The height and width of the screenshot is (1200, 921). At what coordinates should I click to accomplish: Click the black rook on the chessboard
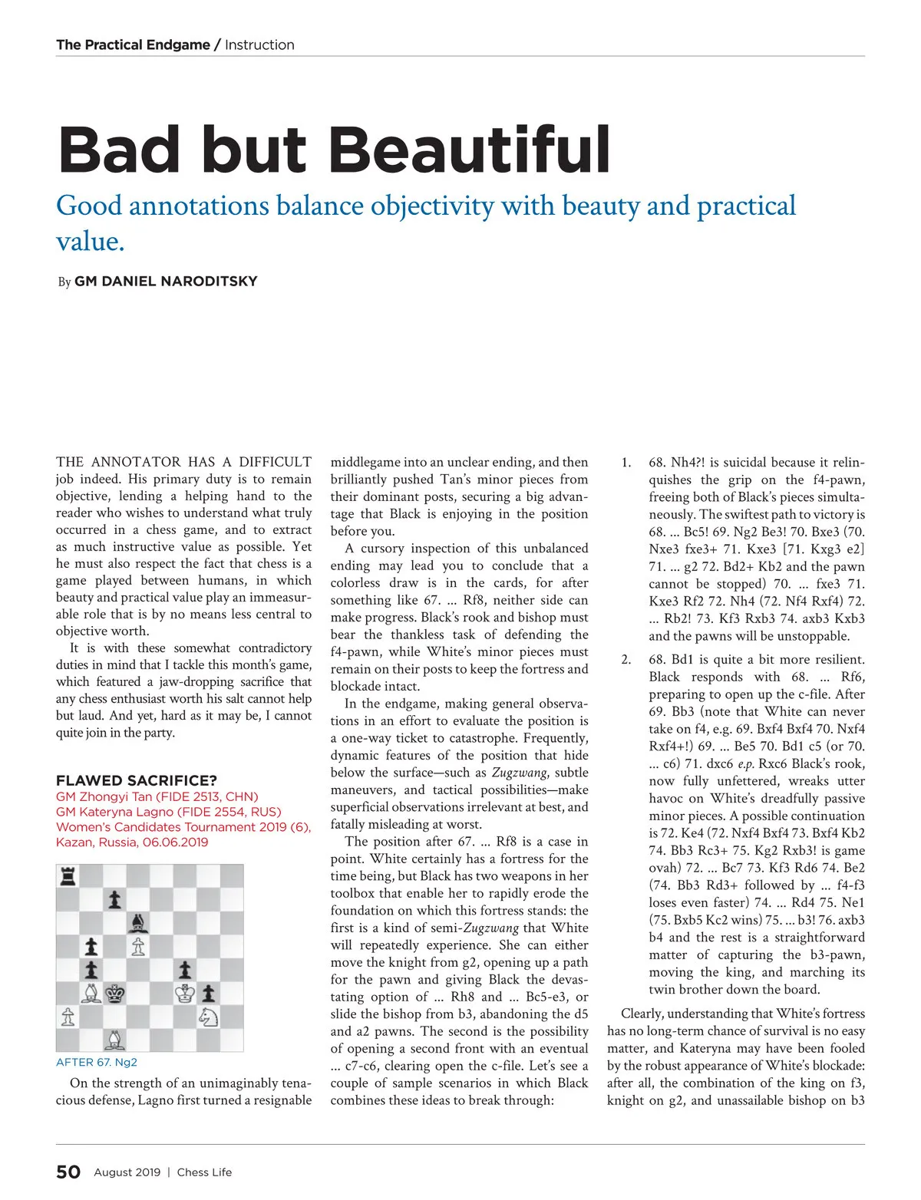pos(68,876)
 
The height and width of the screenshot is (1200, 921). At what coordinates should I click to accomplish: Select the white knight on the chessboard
pos(208,1017)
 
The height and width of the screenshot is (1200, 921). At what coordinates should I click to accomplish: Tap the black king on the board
pos(115,994)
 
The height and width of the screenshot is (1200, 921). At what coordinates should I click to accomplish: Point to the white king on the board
pos(185,994)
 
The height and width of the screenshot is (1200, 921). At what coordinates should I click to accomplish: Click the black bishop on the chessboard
pos(138,922)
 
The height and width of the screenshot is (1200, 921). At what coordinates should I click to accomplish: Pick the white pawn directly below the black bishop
pos(138,947)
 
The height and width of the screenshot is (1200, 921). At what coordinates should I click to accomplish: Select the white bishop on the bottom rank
pos(115,1040)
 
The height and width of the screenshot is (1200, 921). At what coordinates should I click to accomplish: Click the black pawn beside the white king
pos(208,994)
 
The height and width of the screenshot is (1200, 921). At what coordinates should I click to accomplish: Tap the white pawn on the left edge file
pos(68,1017)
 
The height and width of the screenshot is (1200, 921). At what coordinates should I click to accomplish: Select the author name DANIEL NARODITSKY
pos(166,282)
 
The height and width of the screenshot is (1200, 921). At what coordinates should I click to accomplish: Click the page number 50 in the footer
pos(68,1172)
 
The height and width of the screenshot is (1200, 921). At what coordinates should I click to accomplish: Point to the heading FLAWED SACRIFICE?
pos(137,780)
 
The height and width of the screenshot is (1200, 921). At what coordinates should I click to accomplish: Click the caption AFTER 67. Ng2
pos(97,1063)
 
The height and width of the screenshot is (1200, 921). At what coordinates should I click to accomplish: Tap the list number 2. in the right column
pos(626,660)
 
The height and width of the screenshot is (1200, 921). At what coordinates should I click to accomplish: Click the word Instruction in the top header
pos(259,45)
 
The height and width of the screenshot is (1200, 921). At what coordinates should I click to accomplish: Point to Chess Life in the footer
pos(204,1172)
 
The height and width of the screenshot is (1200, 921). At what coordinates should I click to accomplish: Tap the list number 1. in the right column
pos(626,463)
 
